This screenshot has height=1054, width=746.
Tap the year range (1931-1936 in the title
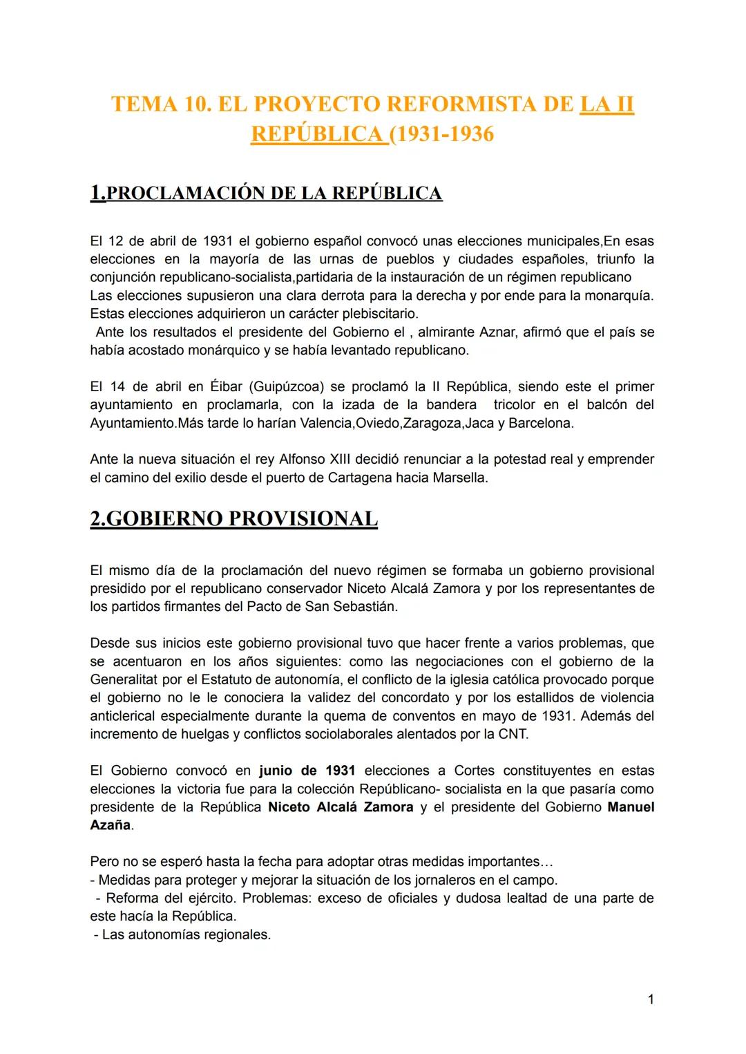tap(442, 133)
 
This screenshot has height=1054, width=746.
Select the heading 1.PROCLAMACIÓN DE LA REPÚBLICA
tap(266, 193)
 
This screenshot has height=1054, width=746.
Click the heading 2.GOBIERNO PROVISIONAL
tap(233, 518)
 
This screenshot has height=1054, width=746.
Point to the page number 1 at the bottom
tap(651, 999)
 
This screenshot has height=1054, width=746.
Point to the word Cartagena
tap(359, 478)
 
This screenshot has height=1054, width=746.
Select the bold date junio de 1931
tap(307, 771)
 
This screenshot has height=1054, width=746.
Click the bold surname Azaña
tap(110, 825)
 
